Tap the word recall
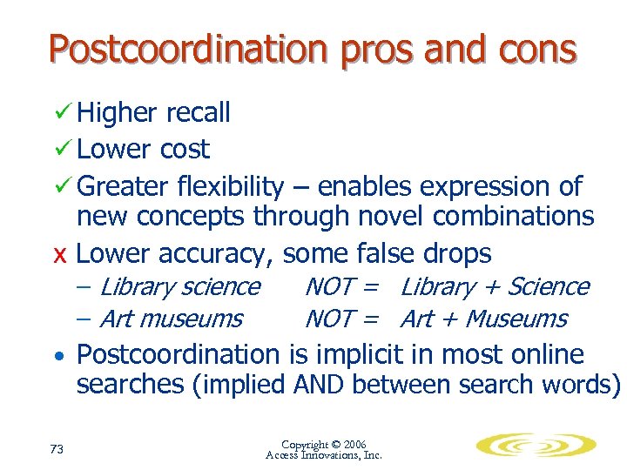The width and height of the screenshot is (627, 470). pyautogui.click(x=198, y=112)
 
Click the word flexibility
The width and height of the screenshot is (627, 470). pyautogui.click(x=230, y=186)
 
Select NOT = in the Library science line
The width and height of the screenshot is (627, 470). pyautogui.click(x=340, y=286)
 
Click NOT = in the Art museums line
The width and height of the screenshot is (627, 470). pyautogui.click(x=340, y=319)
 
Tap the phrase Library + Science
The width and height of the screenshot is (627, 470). pyautogui.click(x=495, y=286)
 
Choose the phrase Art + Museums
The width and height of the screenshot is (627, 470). pyautogui.click(x=483, y=319)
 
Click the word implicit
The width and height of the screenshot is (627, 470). pyautogui.click(x=352, y=354)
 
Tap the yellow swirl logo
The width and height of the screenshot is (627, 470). pyautogui.click(x=536, y=446)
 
